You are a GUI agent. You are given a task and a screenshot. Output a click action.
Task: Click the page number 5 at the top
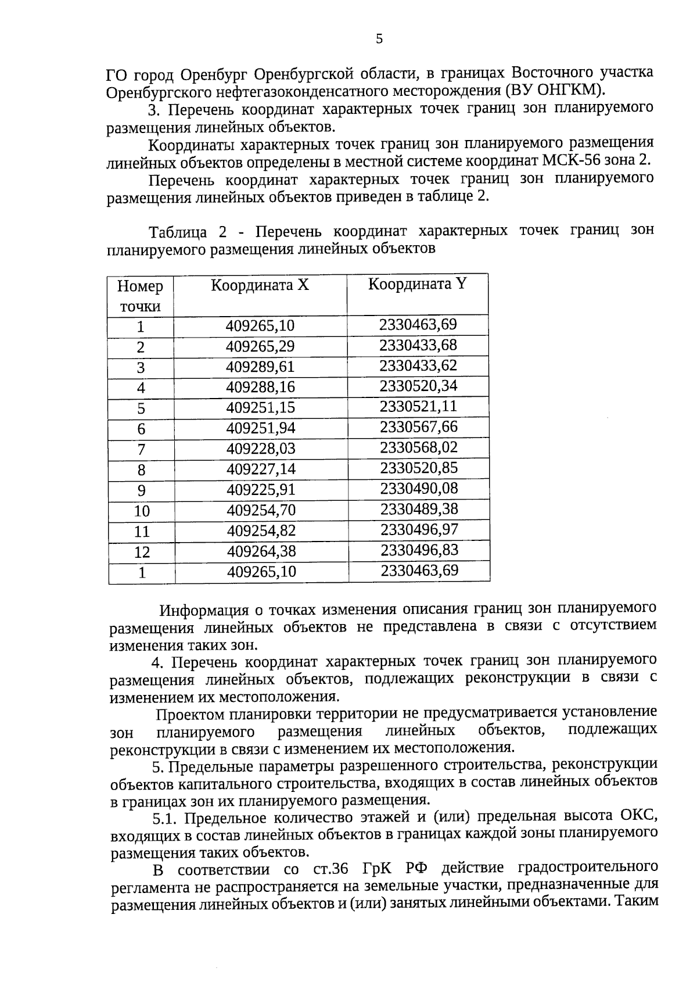coord(379,39)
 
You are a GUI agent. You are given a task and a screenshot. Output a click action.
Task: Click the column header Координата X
coord(260,285)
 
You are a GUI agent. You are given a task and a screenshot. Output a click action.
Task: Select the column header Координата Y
coord(417,284)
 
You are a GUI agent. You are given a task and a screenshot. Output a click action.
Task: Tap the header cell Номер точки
coord(140,296)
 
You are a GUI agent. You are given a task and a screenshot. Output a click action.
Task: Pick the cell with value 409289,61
coord(260,367)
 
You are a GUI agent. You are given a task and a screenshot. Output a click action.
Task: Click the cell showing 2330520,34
coord(418,386)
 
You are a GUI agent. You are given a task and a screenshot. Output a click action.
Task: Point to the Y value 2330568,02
coord(419,447)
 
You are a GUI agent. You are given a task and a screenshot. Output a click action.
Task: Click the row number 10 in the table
coord(142,511)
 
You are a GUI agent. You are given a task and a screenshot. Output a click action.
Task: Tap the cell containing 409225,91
coord(261,490)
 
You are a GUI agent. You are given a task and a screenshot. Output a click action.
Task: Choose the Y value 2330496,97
coord(419,529)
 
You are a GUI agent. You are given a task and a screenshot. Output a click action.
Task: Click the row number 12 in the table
coord(142,552)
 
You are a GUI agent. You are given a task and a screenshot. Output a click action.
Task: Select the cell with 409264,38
coord(261,551)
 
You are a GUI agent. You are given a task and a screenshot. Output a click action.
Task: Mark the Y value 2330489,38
coord(419,509)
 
